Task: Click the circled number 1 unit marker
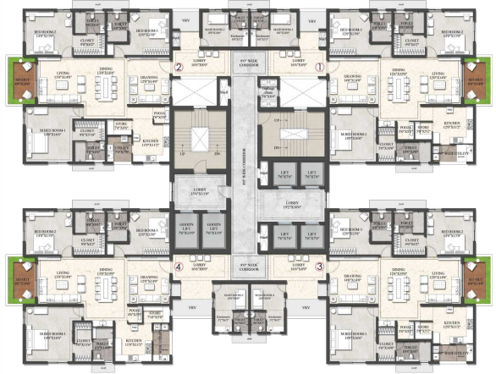click(319, 66)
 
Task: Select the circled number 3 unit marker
click(319, 266)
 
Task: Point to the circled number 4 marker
click(178, 266)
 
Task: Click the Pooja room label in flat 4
click(135, 311)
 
